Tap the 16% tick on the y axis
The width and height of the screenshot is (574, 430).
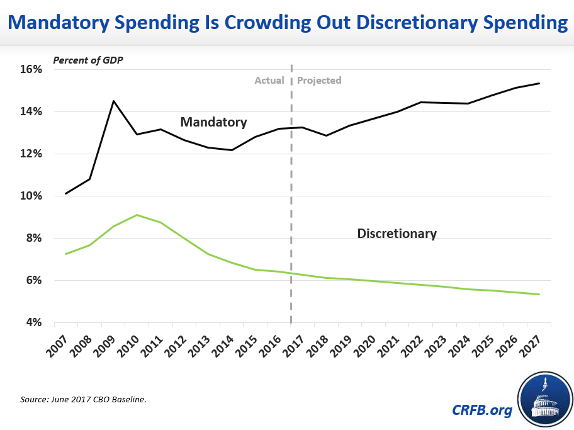tap(30, 69)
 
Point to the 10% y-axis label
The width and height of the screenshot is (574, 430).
tap(30, 196)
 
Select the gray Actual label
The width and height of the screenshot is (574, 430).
tap(269, 81)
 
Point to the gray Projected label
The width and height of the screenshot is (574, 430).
tap(319, 81)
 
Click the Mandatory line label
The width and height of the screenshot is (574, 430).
tap(213, 122)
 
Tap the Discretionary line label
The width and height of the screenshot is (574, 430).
tap(397, 234)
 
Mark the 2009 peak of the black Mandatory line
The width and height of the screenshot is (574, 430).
tap(113, 101)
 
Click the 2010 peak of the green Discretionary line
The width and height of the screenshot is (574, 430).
tap(137, 215)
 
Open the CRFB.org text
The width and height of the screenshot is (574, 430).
tap(482, 410)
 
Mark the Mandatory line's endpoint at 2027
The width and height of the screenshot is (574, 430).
tap(539, 83)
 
